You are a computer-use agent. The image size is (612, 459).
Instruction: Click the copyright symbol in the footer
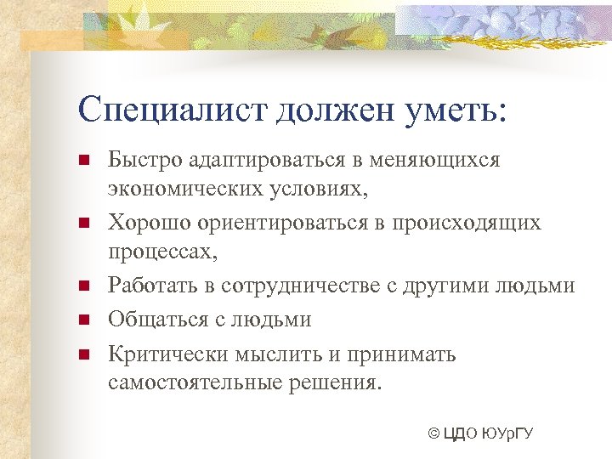434,434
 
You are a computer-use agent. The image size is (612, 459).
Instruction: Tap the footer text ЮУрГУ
507,434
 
